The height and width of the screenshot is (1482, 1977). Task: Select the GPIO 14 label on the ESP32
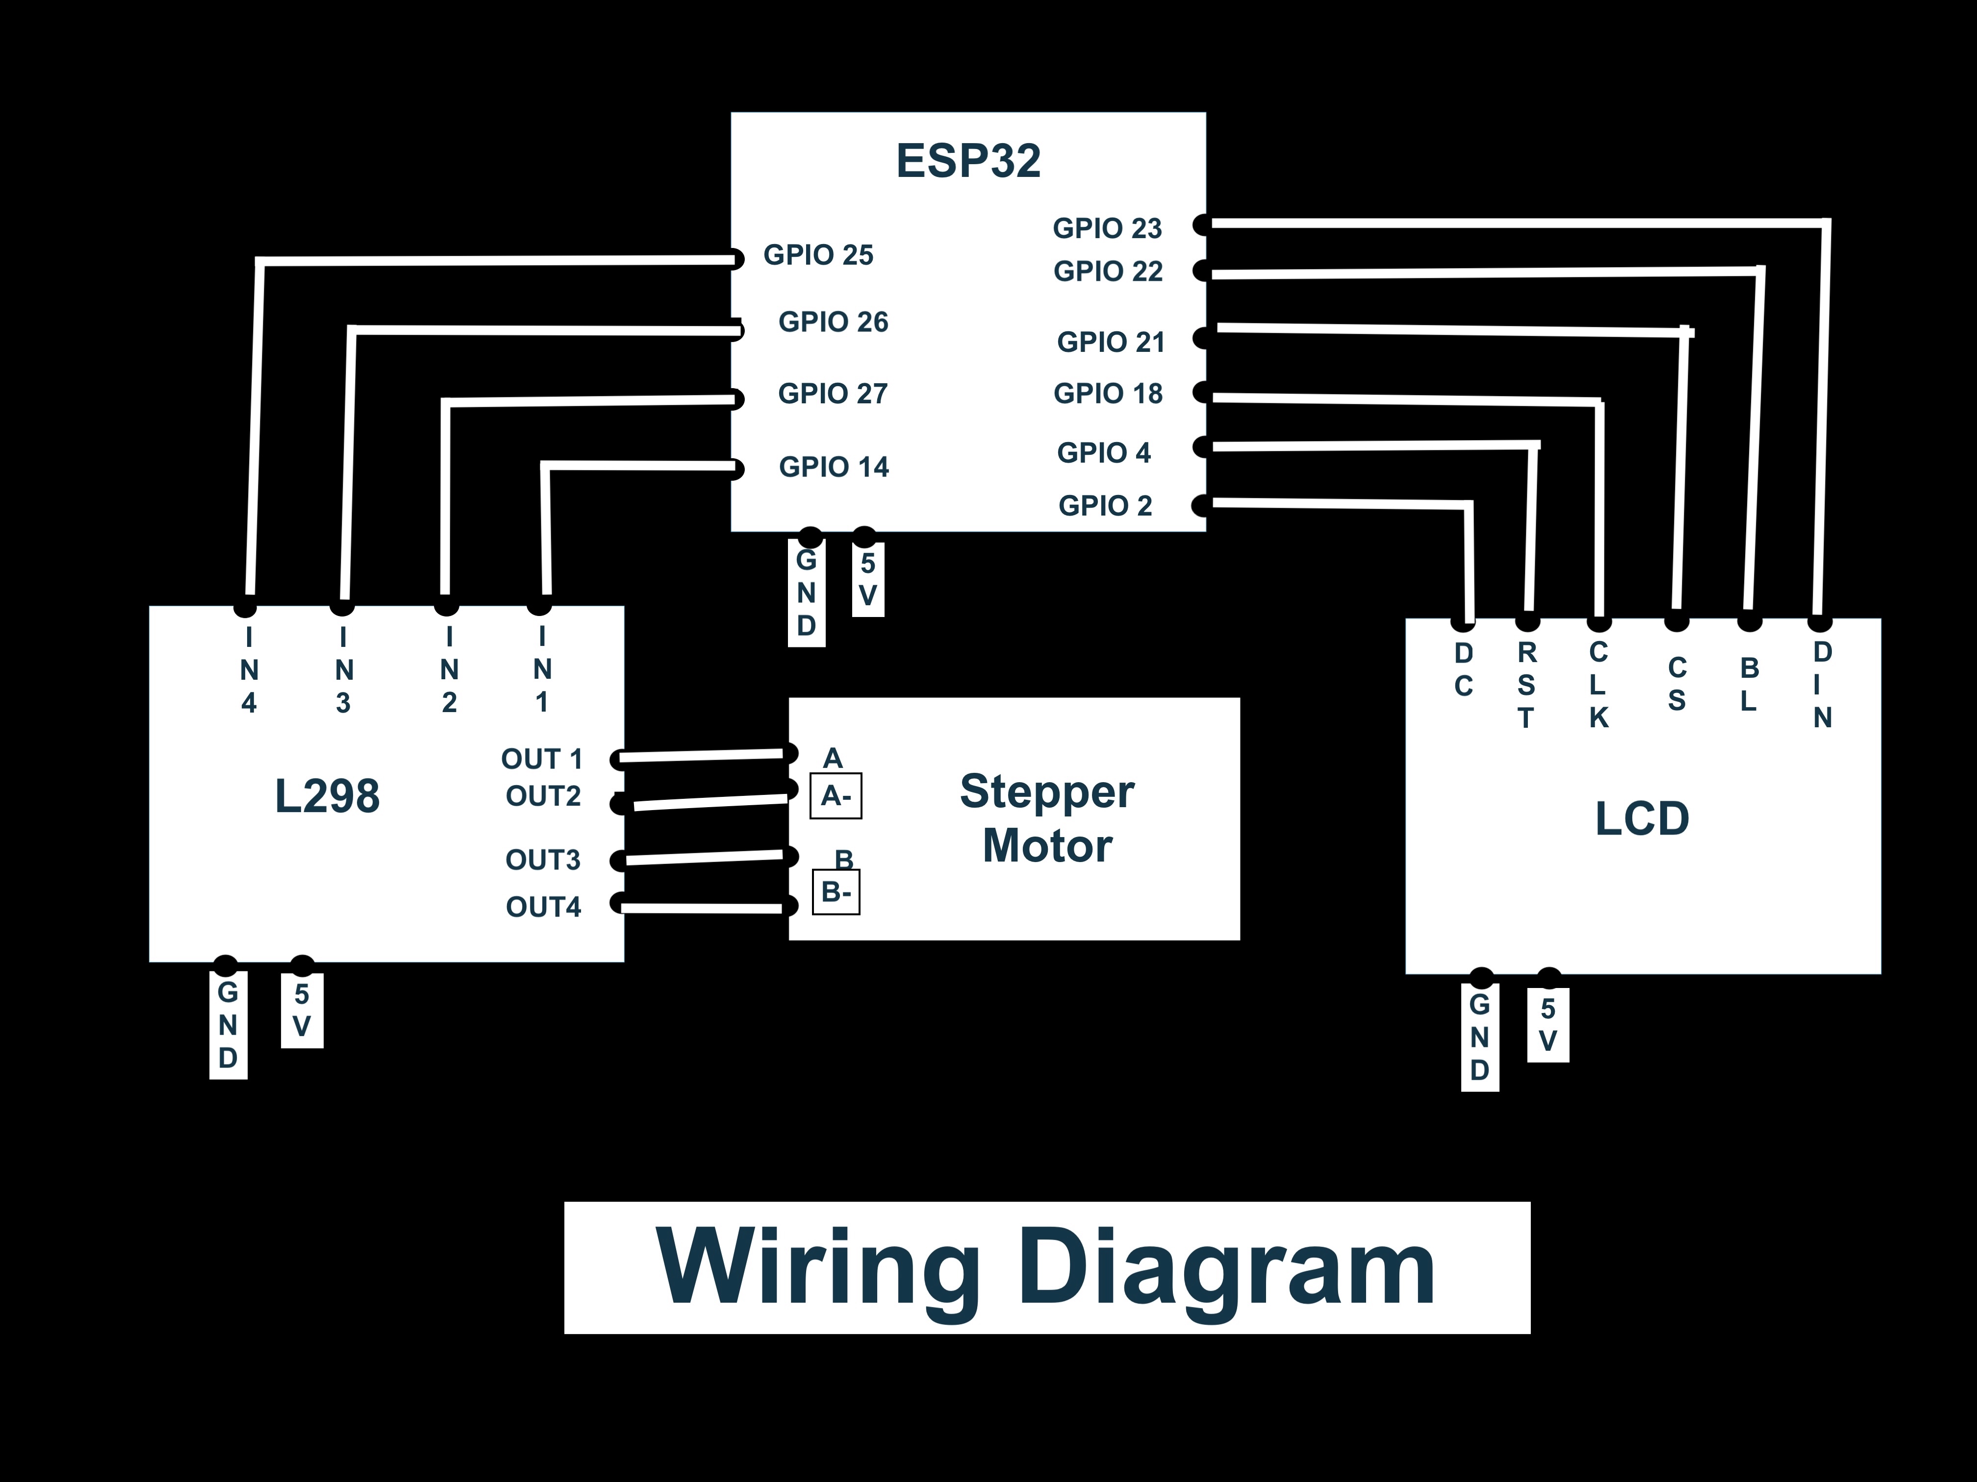point(834,466)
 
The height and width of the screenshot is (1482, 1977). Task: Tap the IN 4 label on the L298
point(249,670)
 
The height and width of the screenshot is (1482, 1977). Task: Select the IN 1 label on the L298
point(542,669)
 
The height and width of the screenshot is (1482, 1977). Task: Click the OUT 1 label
point(542,759)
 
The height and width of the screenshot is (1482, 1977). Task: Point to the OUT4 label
point(543,907)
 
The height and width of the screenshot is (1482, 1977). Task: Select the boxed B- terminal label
point(836,891)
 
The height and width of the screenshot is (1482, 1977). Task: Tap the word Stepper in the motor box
point(1046,791)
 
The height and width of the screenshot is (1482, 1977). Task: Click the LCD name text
point(1642,818)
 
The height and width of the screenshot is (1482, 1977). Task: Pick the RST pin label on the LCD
point(1526,685)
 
